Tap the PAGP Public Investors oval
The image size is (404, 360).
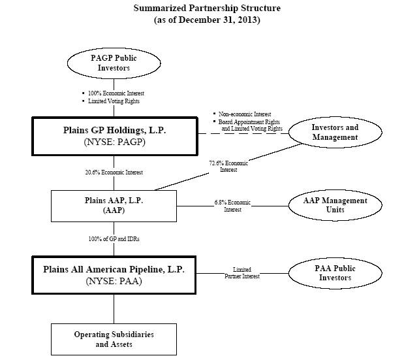[114, 63]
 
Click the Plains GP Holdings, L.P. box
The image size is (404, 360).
[115, 136]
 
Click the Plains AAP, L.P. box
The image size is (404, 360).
[114, 206]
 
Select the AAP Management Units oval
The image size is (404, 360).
[335, 205]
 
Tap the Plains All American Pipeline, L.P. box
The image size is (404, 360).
[114, 276]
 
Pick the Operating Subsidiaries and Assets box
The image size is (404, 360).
[114, 339]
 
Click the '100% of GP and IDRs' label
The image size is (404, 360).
[114, 239]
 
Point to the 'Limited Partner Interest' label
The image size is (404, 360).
[241, 272]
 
